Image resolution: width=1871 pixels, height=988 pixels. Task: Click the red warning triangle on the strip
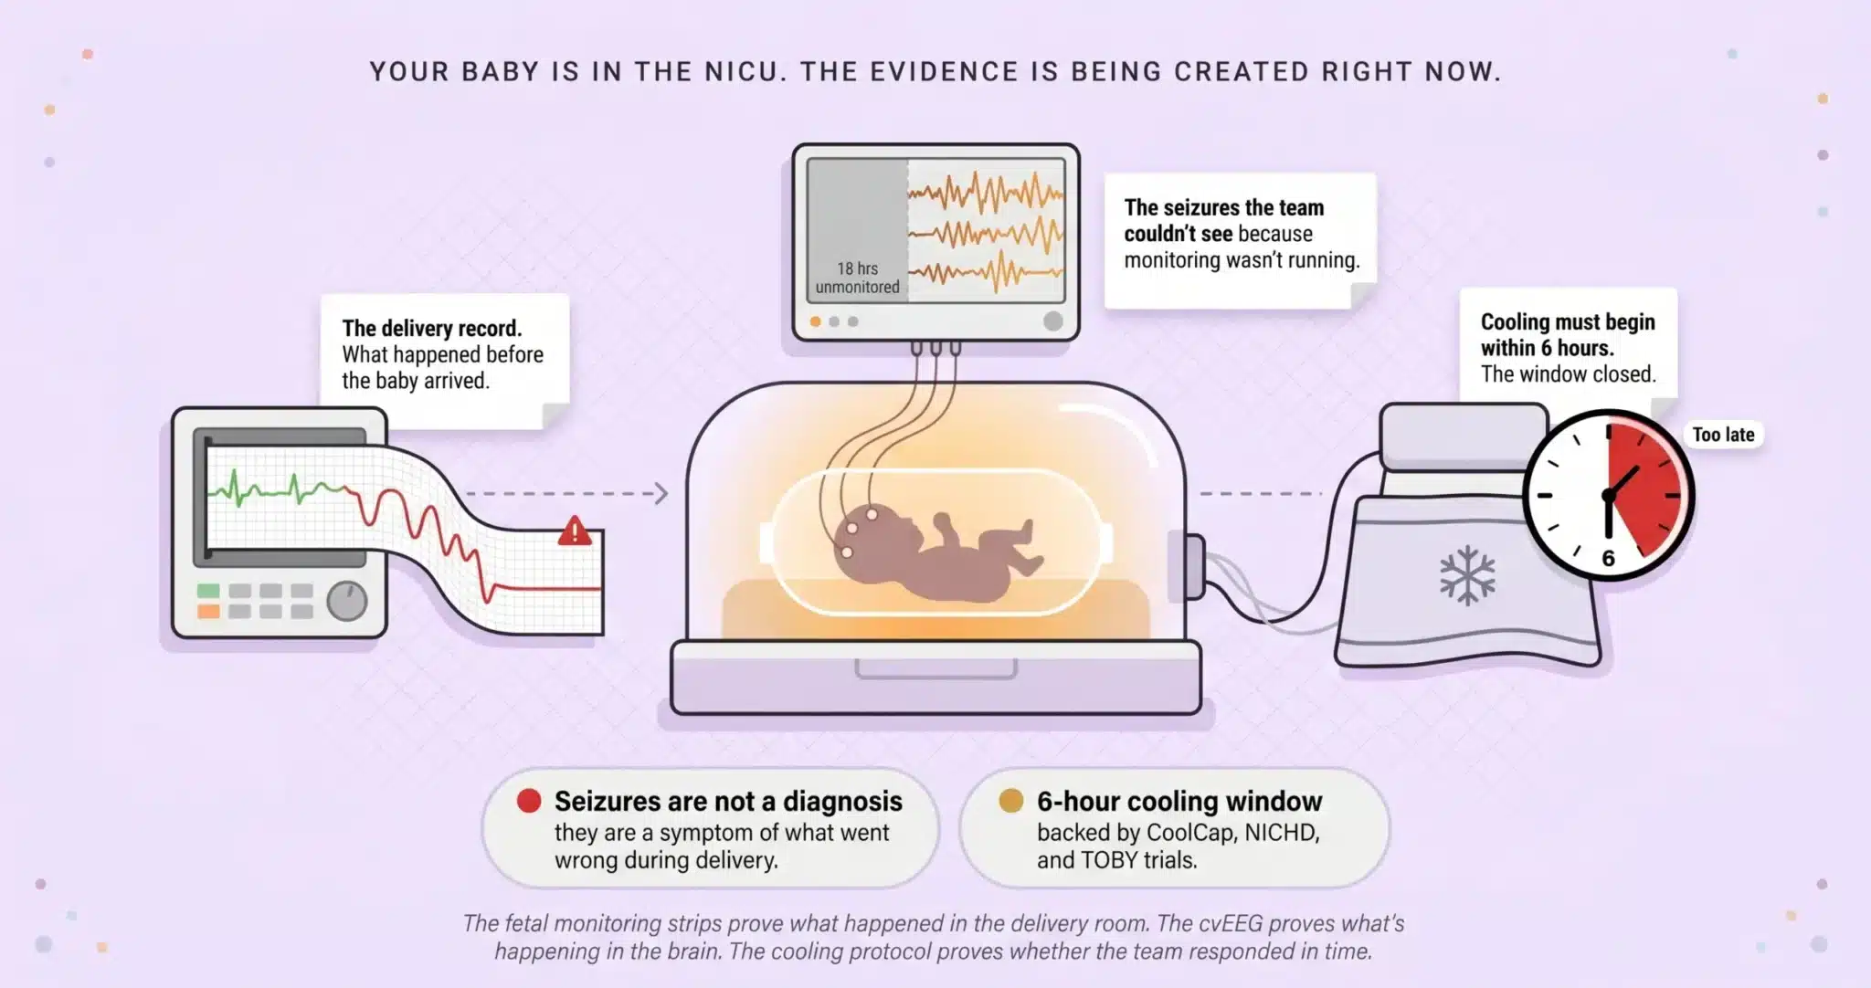574,531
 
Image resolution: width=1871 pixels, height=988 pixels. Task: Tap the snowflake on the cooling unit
1467,575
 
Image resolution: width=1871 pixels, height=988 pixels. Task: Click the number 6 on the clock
1609,559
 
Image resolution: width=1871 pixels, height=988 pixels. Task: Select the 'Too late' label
1723,435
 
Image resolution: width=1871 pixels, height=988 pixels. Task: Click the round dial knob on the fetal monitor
347,601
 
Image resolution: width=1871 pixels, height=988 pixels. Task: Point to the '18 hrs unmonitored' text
857,278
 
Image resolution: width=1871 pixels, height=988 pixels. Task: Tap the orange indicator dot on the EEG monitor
815,321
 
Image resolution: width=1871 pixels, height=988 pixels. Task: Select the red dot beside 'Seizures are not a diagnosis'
529,801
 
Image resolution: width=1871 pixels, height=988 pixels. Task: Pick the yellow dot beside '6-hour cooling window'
1010,801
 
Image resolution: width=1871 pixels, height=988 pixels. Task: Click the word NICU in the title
742,72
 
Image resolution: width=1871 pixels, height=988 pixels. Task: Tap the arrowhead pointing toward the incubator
661,493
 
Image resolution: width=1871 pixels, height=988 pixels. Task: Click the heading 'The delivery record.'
432,328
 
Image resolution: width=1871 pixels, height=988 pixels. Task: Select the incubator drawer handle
935,670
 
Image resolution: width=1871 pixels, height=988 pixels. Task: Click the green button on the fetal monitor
208,591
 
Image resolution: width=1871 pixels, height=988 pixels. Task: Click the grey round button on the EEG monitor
1052,321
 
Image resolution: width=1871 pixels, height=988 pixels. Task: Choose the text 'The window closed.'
1569,374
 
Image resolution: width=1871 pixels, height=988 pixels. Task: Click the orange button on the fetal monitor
208,611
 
